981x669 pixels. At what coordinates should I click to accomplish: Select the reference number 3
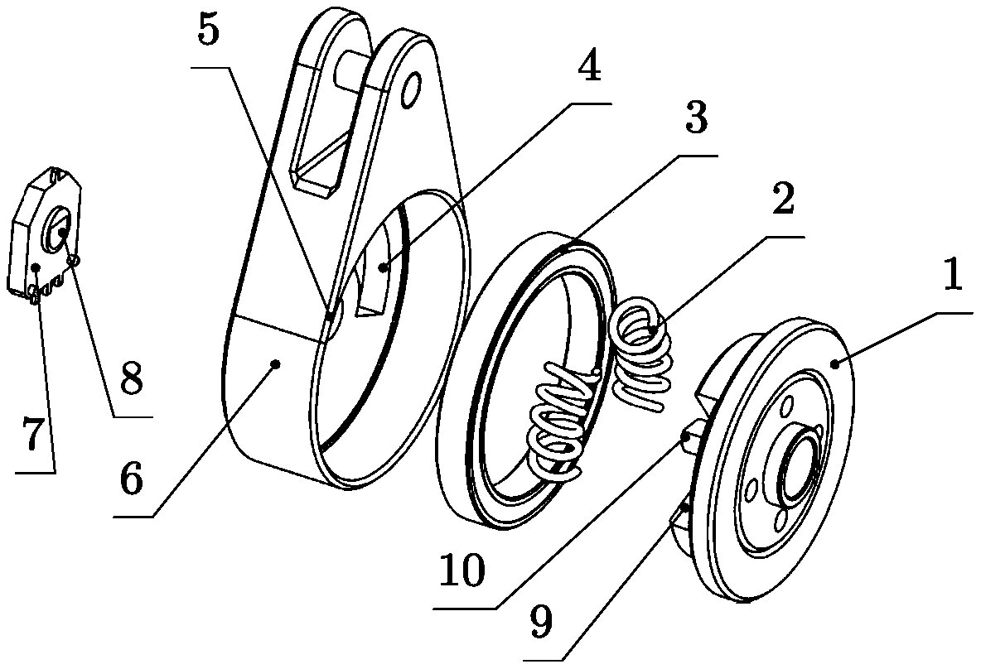tap(696, 119)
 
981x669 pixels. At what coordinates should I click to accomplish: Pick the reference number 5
tap(209, 31)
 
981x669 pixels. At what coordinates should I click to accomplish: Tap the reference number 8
tap(130, 380)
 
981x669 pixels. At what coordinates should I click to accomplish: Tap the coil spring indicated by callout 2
tap(642, 356)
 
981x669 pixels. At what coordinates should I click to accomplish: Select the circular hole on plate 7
tap(60, 227)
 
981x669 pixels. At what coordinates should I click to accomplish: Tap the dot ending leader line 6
tap(276, 363)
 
